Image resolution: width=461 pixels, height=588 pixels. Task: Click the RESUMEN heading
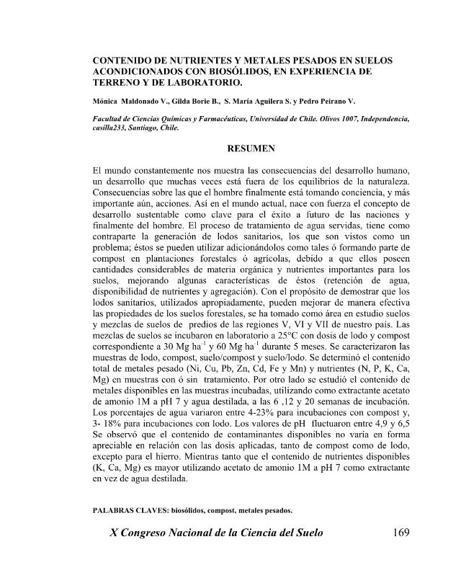click(x=251, y=149)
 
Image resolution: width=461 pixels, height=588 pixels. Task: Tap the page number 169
click(x=398, y=534)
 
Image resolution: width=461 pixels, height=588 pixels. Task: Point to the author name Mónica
click(x=107, y=101)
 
